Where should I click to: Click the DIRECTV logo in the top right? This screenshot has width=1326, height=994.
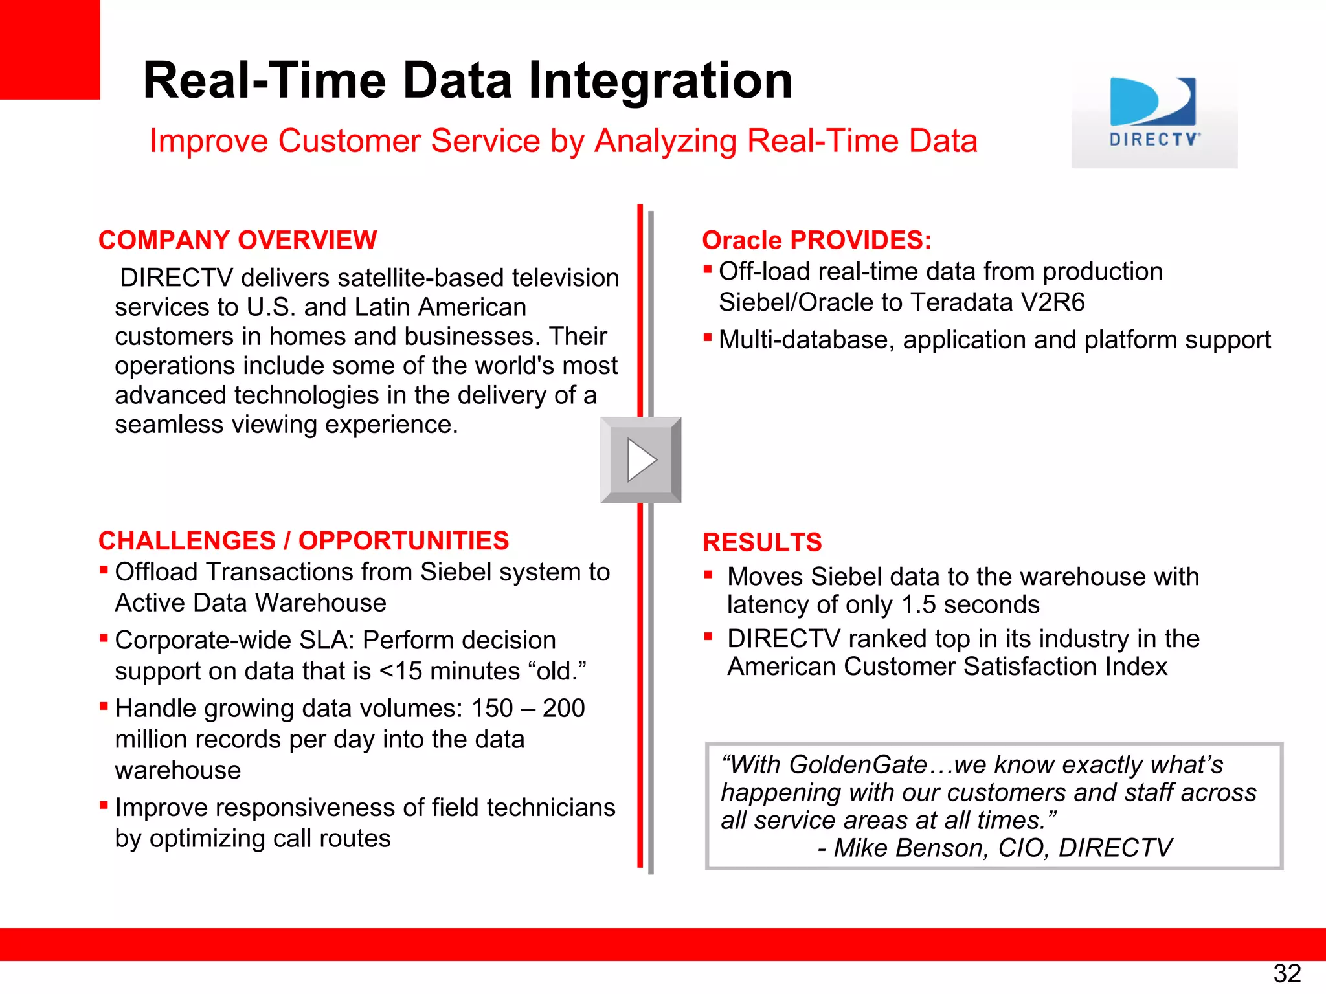click(x=1154, y=113)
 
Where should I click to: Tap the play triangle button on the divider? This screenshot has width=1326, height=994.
click(x=641, y=460)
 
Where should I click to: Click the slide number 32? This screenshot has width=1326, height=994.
click(x=1287, y=973)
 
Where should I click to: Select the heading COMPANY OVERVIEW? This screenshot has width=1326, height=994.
click(x=237, y=240)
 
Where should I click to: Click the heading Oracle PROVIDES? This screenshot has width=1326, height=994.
click(x=816, y=240)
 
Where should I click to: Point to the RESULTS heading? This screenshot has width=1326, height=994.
click(x=762, y=542)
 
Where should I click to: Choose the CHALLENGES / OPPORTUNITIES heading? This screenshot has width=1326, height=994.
click(x=303, y=540)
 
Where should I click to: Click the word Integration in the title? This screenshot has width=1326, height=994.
click(x=660, y=80)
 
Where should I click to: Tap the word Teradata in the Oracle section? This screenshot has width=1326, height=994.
click(x=961, y=302)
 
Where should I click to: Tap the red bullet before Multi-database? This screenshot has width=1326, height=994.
click(x=708, y=337)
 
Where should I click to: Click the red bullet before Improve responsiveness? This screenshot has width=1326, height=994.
click(x=104, y=805)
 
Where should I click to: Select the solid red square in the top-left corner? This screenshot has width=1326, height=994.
click(x=49, y=49)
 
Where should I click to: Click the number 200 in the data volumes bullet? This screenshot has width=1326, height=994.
click(x=563, y=709)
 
